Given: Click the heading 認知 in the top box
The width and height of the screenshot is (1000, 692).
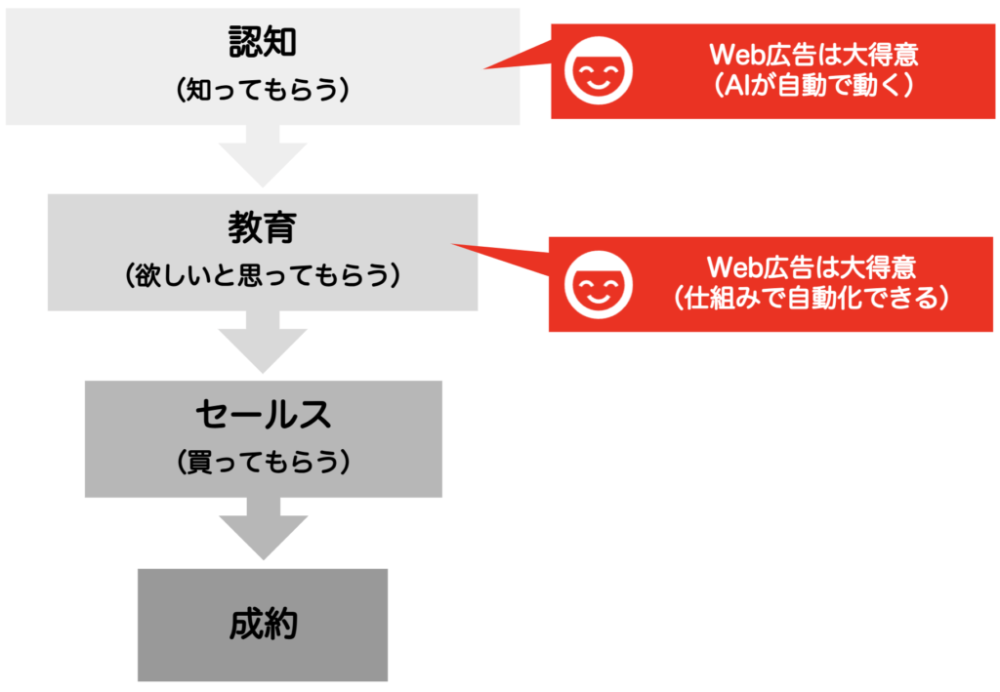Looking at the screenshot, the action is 263,42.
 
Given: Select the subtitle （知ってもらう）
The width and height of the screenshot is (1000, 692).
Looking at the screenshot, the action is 263,90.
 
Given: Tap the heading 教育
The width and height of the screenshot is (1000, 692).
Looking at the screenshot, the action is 263,227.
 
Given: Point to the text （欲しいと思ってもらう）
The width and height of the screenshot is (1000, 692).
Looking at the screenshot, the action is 263,276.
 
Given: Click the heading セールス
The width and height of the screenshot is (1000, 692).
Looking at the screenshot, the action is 264,414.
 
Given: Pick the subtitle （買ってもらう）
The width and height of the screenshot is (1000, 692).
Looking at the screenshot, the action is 264,462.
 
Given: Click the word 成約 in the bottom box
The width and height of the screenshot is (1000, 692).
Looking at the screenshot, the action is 264,624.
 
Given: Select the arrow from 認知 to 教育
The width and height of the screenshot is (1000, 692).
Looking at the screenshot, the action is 263,156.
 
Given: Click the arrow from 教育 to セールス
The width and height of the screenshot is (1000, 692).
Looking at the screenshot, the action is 263,343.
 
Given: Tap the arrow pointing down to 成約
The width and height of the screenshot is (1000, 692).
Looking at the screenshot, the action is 264,529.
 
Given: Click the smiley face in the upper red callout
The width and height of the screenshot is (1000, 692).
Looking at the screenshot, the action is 599,70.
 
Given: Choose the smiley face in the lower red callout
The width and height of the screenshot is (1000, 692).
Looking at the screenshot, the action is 599,284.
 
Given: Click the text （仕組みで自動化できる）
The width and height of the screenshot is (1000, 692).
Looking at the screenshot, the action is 812,298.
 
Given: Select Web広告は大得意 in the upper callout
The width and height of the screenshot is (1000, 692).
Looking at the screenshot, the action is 813,55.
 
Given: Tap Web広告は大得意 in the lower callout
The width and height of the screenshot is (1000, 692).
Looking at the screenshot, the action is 812,267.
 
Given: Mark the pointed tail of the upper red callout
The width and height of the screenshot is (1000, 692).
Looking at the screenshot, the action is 484,68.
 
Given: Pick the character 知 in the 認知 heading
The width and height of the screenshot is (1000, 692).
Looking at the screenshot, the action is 280,42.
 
